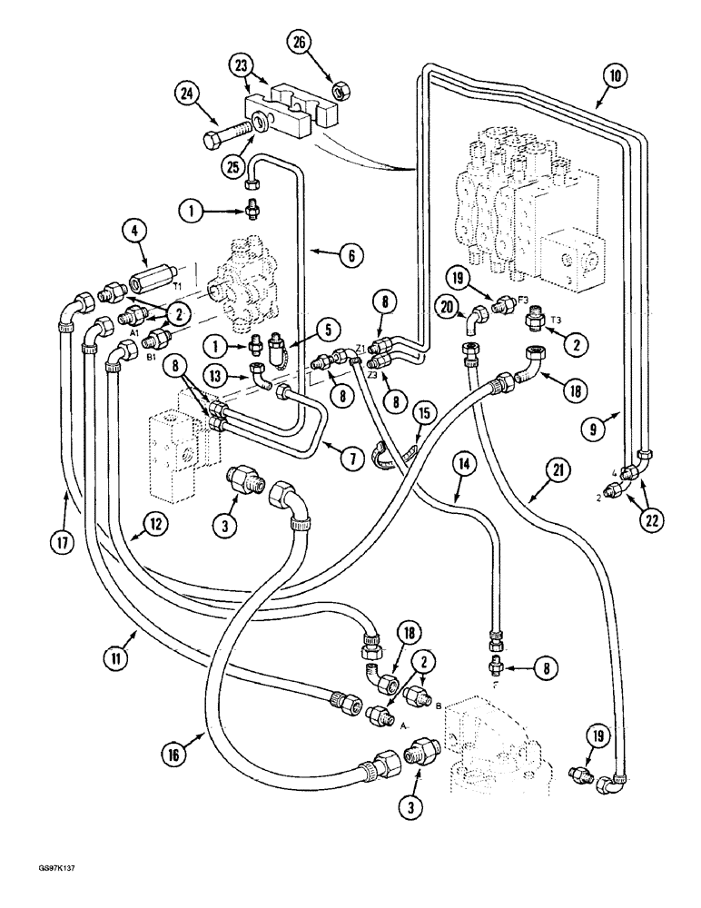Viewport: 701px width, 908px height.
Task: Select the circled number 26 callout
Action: [301, 42]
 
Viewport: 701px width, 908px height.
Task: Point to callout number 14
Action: [465, 463]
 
